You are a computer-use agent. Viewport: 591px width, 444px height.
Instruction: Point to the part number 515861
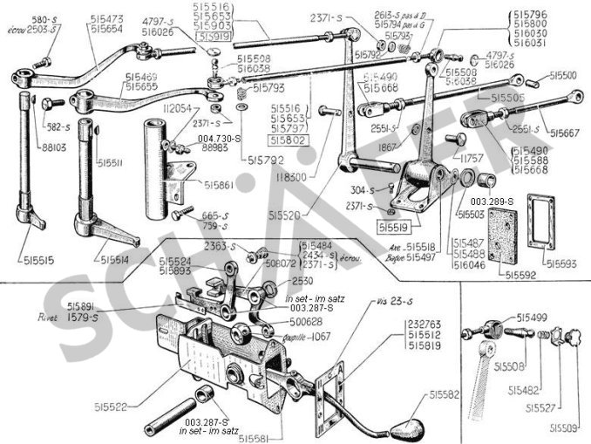[x=221, y=185]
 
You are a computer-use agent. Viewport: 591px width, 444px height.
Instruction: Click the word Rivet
[x=45, y=318]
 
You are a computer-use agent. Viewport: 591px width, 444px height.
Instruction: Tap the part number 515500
[x=567, y=77]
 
